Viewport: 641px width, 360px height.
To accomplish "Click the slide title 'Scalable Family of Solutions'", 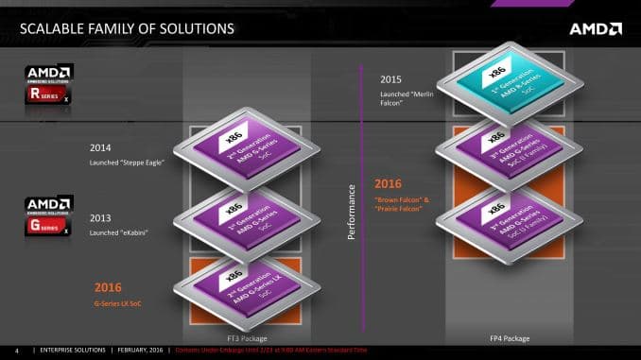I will pos(127,28).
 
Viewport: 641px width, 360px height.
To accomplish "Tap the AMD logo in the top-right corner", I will pos(595,27).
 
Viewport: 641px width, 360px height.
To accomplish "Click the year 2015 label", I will pos(392,78).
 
